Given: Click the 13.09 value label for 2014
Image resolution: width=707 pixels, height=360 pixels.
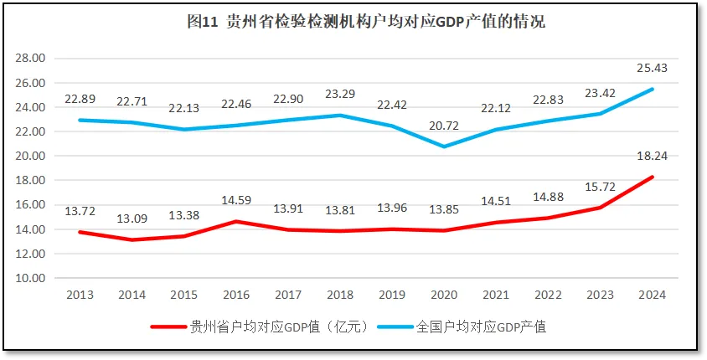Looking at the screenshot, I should point(132,220).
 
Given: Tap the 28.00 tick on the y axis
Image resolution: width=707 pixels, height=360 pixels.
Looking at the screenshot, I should point(31,59).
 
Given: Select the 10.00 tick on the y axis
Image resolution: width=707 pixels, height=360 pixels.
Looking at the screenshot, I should point(31,278).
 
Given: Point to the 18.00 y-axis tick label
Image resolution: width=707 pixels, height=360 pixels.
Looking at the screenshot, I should point(31,180).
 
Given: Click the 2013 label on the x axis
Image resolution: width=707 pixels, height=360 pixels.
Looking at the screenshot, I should point(79,295).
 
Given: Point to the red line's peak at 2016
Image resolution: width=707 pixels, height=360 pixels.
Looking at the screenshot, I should point(237,221).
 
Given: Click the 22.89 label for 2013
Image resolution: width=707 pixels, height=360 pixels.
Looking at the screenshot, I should point(79,99).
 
